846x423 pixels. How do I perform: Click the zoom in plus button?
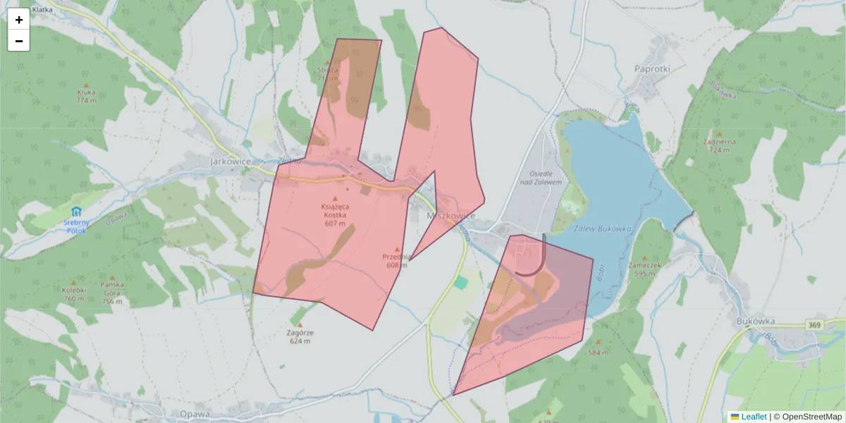(18, 19)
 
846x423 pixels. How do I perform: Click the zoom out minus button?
(18, 41)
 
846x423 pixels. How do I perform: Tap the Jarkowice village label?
(231, 161)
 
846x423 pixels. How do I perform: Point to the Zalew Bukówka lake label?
(601, 229)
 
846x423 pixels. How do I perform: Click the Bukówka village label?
(755, 321)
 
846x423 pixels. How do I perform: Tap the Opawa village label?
(195, 414)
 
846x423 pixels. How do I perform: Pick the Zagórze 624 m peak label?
(300, 336)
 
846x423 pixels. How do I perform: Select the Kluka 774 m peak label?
(86, 96)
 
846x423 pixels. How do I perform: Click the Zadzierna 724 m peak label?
(719, 145)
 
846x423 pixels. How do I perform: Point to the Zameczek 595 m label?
(644, 269)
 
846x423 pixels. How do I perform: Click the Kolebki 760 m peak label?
(74, 293)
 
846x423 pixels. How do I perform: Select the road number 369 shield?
(815, 325)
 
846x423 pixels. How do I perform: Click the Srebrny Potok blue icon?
(75, 211)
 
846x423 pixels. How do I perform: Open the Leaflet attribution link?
(754, 417)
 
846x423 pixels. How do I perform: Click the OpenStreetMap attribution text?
(811, 417)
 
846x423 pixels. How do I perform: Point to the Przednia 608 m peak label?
(397, 260)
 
